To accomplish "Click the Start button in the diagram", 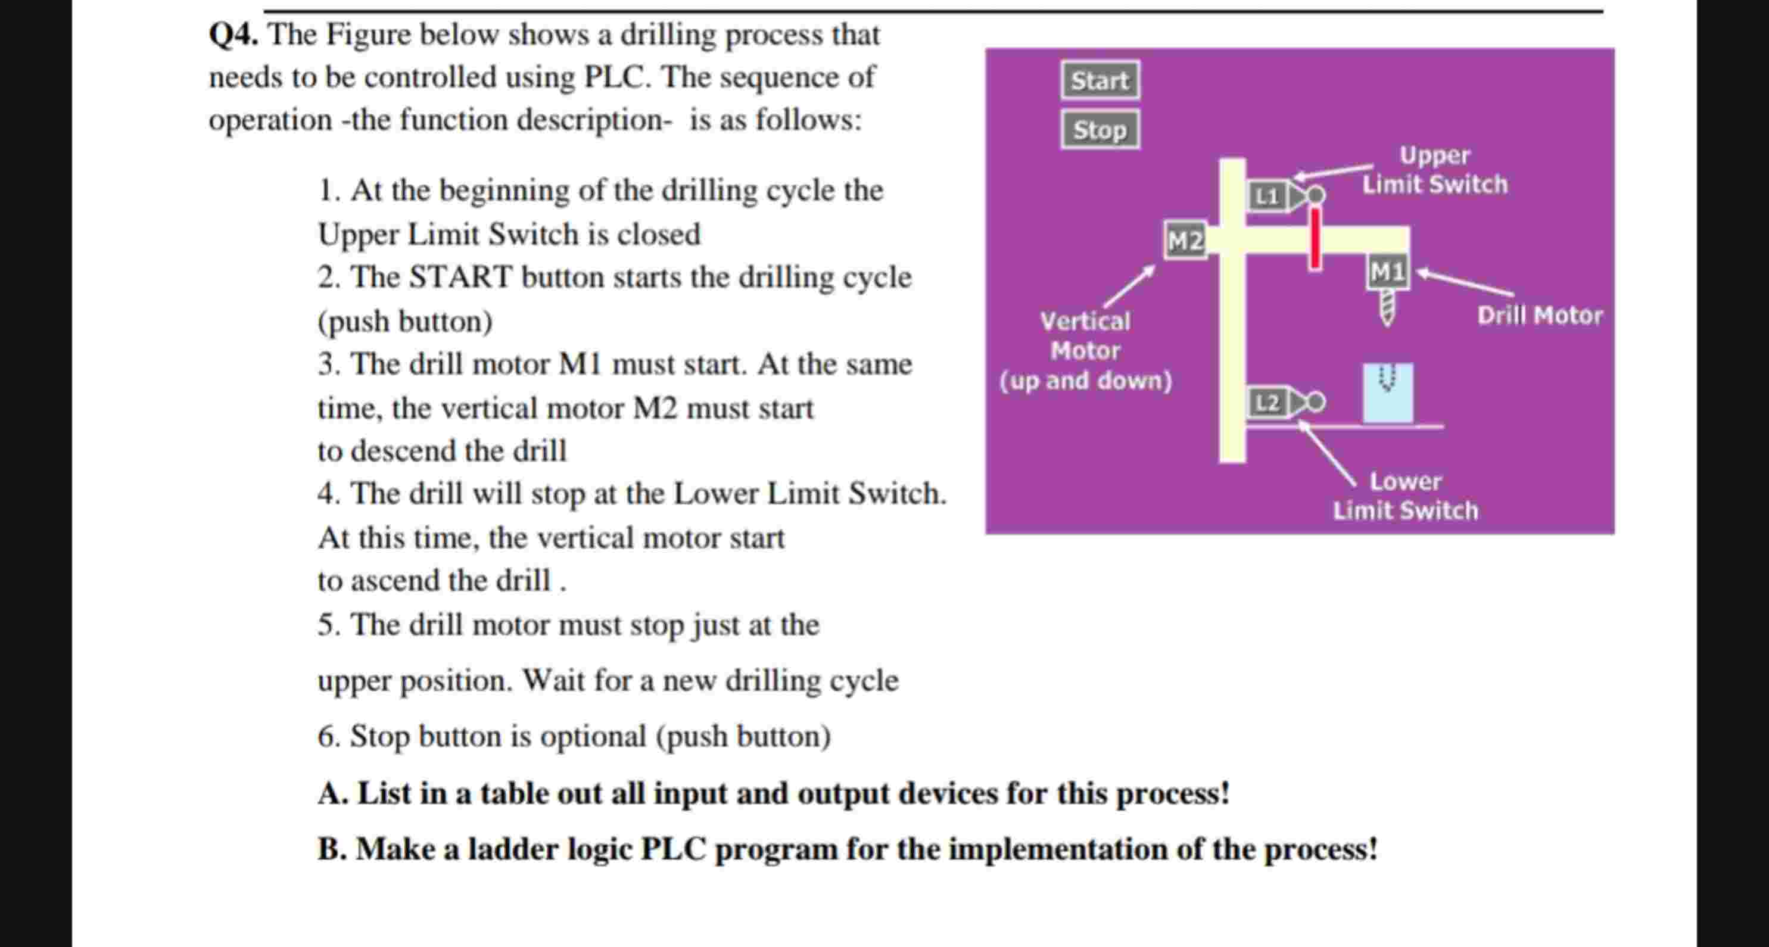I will pyautogui.click(x=1100, y=80).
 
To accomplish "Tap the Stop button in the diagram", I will pyautogui.click(x=1100, y=130).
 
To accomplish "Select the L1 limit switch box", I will pyautogui.click(x=1267, y=197).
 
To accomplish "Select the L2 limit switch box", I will pyautogui.click(x=1267, y=403).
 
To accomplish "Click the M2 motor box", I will pyautogui.click(x=1185, y=241).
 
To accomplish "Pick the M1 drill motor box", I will pyautogui.click(x=1387, y=272).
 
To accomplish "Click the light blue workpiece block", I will pyautogui.click(x=1388, y=393).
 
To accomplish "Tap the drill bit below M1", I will pyautogui.click(x=1387, y=307).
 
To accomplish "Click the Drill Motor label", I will pyautogui.click(x=1540, y=315).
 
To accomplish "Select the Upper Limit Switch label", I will pyautogui.click(x=1435, y=170).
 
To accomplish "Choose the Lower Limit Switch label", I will pyautogui.click(x=1405, y=496).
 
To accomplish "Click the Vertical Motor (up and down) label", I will pyautogui.click(x=1085, y=351).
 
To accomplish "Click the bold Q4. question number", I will pyautogui.click(x=233, y=35).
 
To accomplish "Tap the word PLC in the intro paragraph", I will pyautogui.click(x=615, y=77).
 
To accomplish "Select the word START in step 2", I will pyautogui.click(x=460, y=278).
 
